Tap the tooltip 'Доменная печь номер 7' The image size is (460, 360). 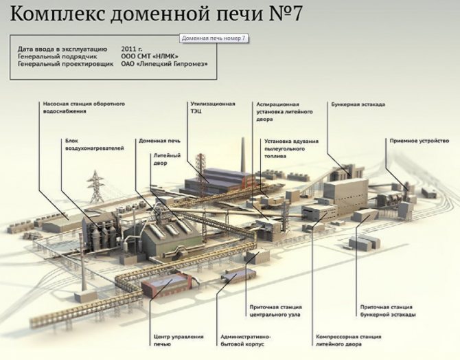point(214,38)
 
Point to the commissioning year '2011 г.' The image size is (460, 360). point(132,49)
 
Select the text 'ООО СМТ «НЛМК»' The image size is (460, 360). point(149,57)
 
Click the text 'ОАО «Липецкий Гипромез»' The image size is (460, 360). point(163,65)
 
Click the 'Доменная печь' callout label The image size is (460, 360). point(160,140)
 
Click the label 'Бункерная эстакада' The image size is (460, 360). point(358,104)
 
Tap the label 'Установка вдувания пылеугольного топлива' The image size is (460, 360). point(292,148)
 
